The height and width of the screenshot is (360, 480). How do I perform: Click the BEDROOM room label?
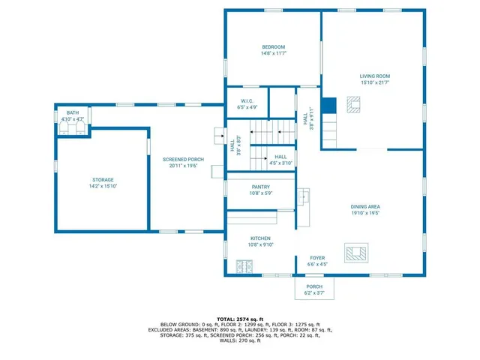273,47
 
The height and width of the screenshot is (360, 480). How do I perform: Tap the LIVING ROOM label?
374,76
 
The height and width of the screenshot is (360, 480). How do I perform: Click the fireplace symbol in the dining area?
355,253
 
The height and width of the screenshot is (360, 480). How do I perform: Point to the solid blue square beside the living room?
328,106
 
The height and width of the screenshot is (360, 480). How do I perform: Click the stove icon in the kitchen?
244,265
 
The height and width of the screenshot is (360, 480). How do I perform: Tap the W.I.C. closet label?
247,100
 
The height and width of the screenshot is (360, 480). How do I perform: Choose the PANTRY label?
261,187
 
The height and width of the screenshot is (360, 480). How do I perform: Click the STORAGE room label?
103,179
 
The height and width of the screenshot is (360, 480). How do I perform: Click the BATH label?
73,112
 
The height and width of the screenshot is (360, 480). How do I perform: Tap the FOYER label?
318,257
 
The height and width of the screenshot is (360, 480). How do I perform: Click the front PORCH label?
314,286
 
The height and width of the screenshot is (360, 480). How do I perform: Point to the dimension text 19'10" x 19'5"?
365,213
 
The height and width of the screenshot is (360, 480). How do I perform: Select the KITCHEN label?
260,238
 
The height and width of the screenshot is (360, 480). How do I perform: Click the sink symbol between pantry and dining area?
304,197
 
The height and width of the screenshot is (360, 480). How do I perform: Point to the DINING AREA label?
365,207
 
